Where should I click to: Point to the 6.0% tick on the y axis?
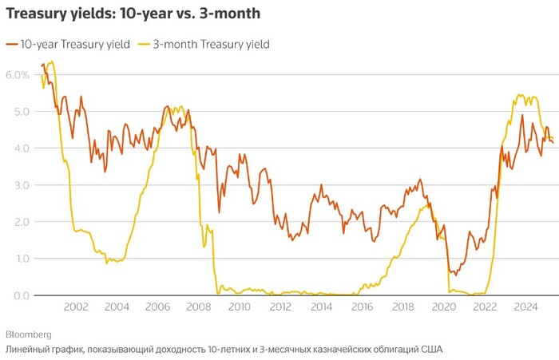[17, 74]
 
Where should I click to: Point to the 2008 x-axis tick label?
[197, 307]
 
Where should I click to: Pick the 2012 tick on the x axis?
[280, 307]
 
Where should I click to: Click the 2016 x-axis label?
[363, 307]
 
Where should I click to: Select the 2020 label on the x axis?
[444, 307]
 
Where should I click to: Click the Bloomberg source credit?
[29, 334]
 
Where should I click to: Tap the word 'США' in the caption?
[430, 350]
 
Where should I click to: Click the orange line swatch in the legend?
[11, 45]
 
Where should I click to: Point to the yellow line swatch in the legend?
[144, 45]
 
